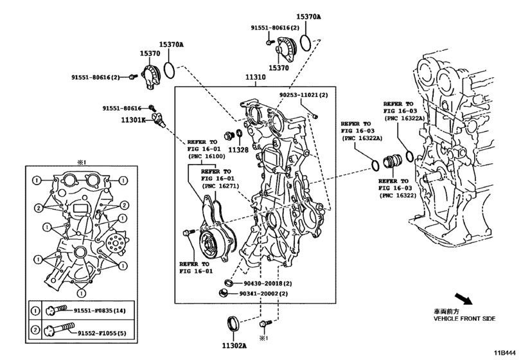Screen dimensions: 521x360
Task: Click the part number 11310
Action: pos(256,77)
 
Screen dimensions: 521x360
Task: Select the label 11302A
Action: pos(234,346)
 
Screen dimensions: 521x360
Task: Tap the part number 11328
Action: pos(238,150)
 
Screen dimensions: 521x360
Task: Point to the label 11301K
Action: pos(133,120)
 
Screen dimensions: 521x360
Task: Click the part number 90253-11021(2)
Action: pos(303,95)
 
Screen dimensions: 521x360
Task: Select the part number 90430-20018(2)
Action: pos(268,283)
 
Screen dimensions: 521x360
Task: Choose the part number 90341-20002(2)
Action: pos(264,294)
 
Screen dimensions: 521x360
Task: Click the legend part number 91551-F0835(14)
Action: pos(100,310)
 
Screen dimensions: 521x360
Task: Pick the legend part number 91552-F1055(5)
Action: pos(102,333)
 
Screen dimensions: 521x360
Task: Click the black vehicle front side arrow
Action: pos(463,298)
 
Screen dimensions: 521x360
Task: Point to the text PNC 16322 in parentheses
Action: pos(398,195)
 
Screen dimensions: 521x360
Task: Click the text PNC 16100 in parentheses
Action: pos(206,156)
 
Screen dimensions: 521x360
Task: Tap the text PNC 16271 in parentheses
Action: pos(220,186)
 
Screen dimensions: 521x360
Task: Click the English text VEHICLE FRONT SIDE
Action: pos(464,319)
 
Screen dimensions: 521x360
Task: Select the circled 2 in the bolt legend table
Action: pos(35,330)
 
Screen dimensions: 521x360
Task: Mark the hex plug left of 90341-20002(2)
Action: pos(224,293)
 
